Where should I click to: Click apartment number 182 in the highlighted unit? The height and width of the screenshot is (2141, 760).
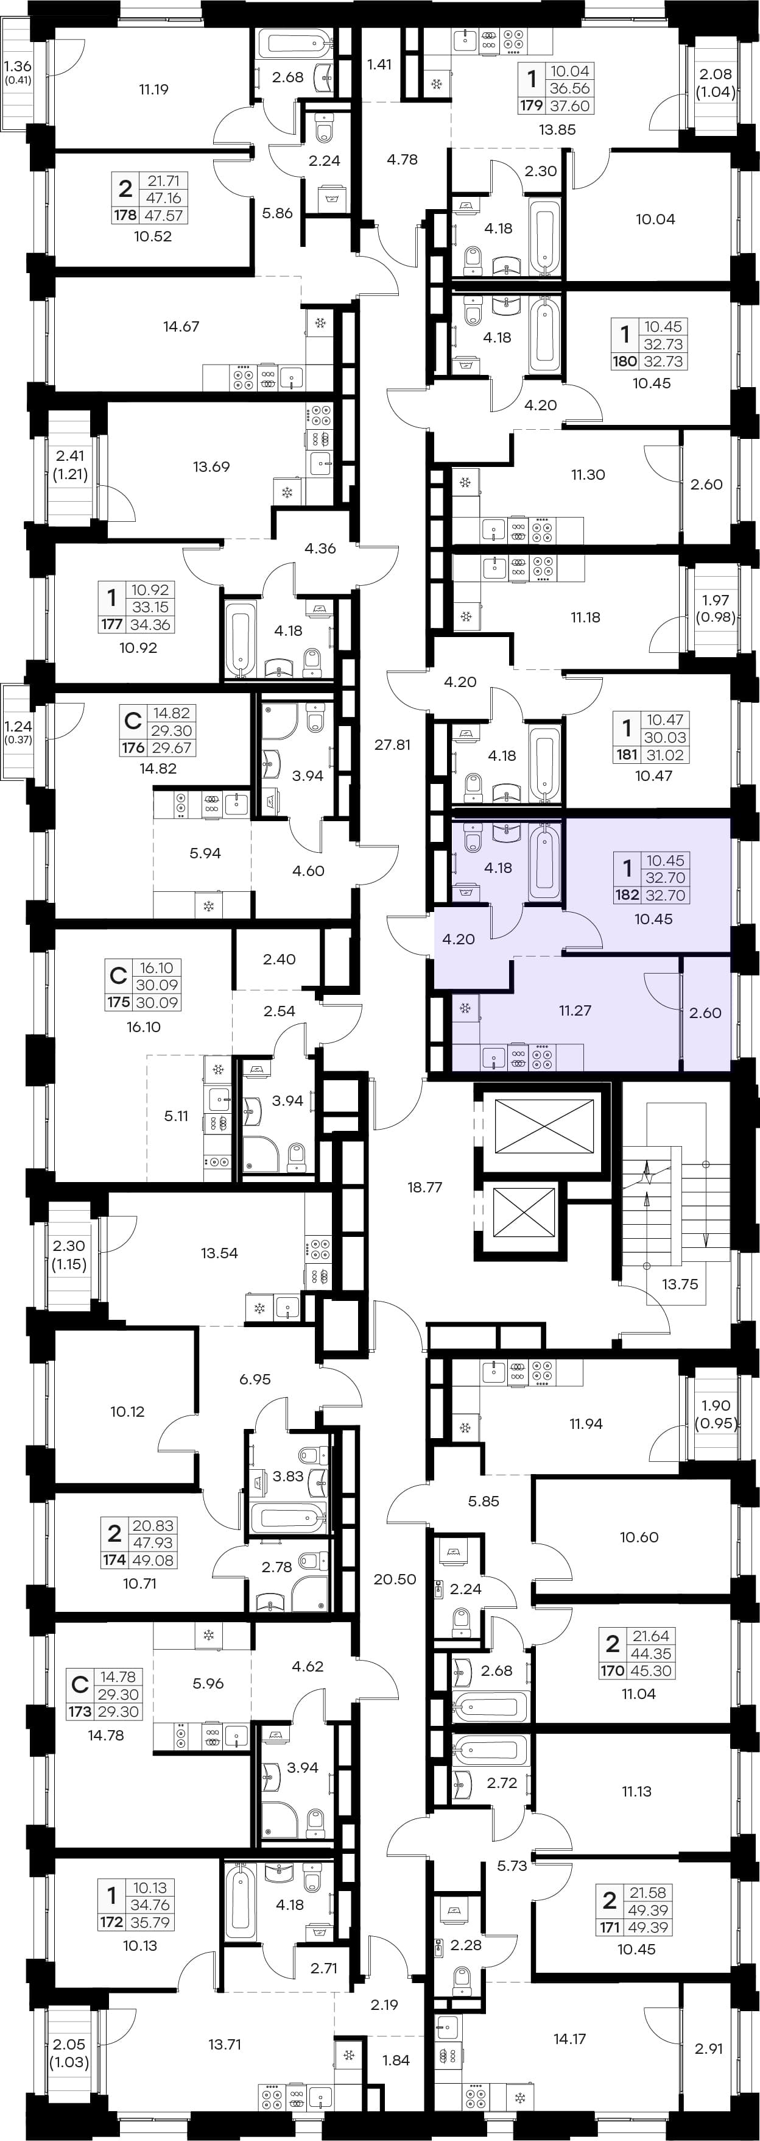click(626, 895)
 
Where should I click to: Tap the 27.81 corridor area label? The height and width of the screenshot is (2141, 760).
click(392, 745)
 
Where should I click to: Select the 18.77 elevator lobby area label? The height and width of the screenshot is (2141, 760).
click(424, 1187)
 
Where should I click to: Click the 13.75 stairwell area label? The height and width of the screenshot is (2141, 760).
click(680, 1284)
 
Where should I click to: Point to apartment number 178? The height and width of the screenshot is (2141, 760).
click(125, 215)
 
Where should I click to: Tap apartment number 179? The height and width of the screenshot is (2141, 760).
click(531, 105)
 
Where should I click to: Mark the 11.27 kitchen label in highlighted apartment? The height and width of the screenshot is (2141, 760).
click(575, 1011)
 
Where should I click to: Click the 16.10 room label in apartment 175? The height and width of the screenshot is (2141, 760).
click(144, 1027)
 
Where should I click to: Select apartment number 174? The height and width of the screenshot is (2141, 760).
click(114, 1560)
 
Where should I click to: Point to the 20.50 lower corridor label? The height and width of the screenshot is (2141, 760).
click(395, 1579)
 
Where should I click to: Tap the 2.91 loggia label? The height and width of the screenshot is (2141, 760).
click(708, 2049)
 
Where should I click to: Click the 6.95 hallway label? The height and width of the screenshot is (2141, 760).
click(255, 1379)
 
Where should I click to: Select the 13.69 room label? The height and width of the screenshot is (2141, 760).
click(211, 466)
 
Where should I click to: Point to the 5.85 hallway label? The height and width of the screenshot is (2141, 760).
click(484, 1501)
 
